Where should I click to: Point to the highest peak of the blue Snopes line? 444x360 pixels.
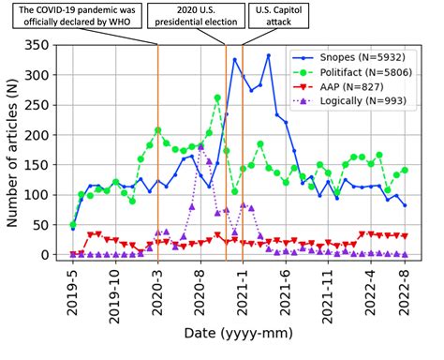pyautogui.click(x=268, y=55)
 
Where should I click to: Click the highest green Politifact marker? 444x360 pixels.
pyautogui.click(x=217, y=97)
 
